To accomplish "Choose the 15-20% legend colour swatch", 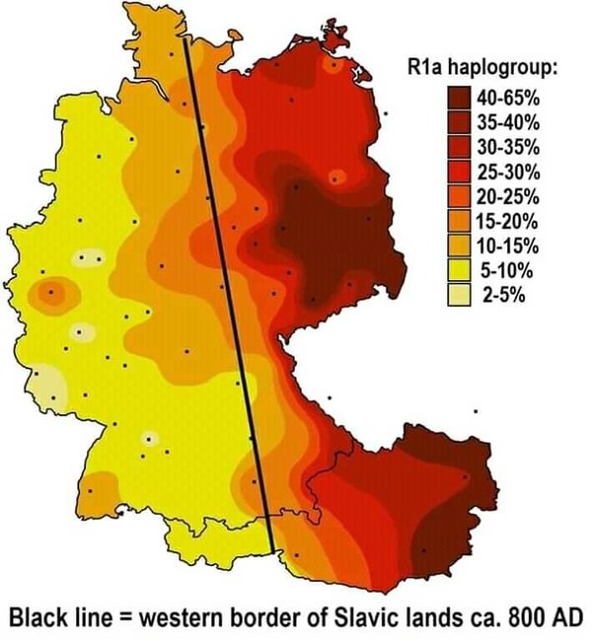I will click(459, 222).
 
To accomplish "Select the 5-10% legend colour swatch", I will click(459, 270).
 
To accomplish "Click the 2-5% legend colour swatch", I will click(459, 294).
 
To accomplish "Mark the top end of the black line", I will click(186, 40).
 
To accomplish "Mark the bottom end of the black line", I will click(272, 551).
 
